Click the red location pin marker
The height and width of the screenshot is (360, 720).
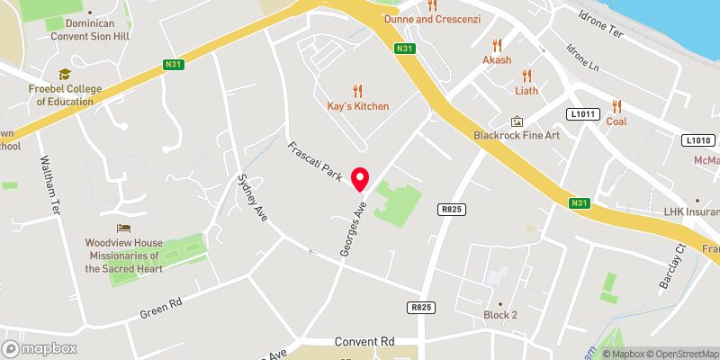tap(361, 179)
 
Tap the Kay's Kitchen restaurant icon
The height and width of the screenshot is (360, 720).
tap(358, 91)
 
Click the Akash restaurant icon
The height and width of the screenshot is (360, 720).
tap(496, 45)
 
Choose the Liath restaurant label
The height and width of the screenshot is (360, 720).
tap(526, 91)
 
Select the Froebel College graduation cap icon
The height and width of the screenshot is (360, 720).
tap(65, 75)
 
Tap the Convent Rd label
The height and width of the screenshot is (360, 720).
tap(364, 342)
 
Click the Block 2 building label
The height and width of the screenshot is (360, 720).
tap(500, 315)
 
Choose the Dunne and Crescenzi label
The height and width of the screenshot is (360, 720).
tap(433, 18)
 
